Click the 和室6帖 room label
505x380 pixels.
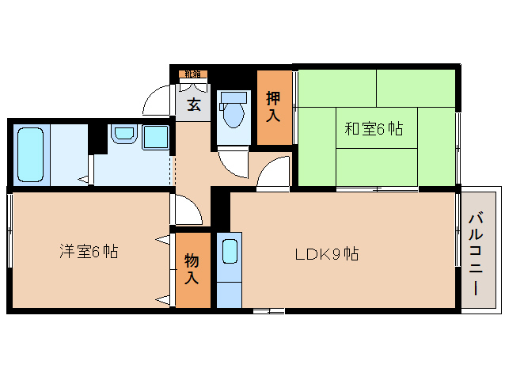[x=373, y=128]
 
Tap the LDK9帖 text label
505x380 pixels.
[x=327, y=254]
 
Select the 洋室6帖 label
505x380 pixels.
[x=89, y=253]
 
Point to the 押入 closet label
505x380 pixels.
[x=273, y=107]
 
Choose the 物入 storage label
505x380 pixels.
[x=192, y=268]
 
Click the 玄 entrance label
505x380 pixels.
[x=193, y=104]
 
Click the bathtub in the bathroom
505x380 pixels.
[x=32, y=154]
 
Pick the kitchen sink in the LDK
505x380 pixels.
[x=229, y=253]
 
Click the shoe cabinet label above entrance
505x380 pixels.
[x=192, y=74]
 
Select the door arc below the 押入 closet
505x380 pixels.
[x=273, y=170]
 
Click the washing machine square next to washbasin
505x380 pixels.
[x=155, y=136]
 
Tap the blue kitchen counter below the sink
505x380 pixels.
[x=229, y=288]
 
